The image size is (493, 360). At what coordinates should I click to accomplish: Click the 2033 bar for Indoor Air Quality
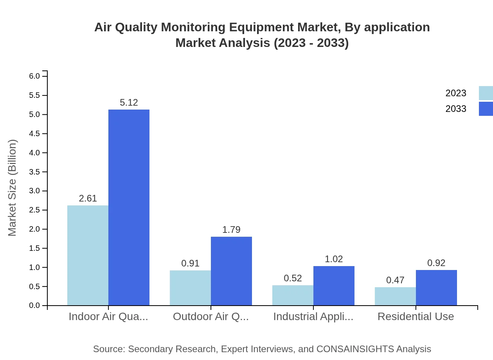(x=129, y=207)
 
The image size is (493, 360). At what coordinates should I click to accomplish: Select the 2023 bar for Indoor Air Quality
(x=88, y=255)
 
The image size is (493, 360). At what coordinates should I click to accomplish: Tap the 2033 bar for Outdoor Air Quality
(x=231, y=271)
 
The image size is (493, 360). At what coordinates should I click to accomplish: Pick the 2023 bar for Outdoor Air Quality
(x=190, y=288)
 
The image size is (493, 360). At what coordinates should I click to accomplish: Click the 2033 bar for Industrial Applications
(x=334, y=286)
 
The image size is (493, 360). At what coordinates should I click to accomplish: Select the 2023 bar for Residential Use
(x=395, y=296)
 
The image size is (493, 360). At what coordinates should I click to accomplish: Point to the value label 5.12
(x=129, y=103)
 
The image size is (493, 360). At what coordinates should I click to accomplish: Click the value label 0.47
(x=395, y=280)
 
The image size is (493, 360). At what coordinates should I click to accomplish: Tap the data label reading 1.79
(x=231, y=230)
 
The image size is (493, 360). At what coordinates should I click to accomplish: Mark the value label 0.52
(x=293, y=278)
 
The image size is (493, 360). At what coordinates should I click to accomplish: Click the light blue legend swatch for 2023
(x=486, y=93)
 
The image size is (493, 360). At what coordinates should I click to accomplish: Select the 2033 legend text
(x=456, y=109)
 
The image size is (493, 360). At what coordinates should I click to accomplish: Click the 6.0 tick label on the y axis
(x=35, y=76)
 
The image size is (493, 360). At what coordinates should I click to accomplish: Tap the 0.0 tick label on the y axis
(x=35, y=306)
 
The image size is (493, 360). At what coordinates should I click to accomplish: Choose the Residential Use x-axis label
(x=416, y=317)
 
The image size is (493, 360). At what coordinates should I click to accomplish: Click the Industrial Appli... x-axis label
(x=313, y=317)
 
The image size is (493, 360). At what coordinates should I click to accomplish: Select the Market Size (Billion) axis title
(x=13, y=188)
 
